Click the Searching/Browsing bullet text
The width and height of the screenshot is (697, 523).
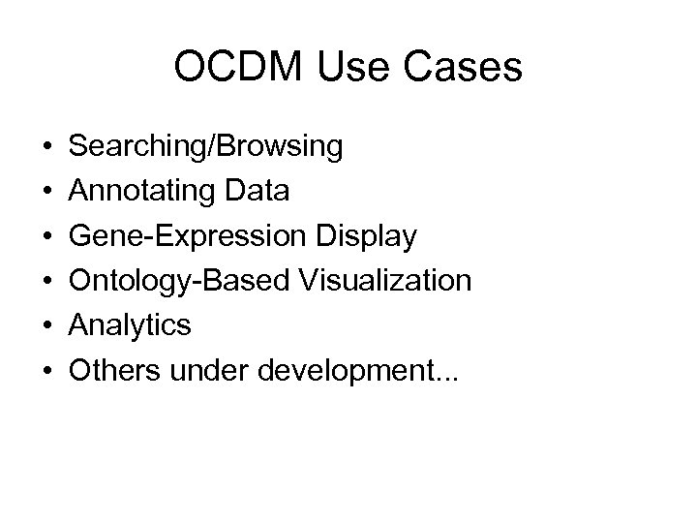[207, 147]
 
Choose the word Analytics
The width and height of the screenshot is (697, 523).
[132, 325]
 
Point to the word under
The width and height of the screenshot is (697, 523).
[199, 370]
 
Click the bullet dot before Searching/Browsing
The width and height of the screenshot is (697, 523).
[47, 148]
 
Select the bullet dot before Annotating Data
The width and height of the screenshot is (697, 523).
[47, 193]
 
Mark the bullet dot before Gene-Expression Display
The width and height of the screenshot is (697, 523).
[47, 237]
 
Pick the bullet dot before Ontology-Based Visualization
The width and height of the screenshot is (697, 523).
[47, 282]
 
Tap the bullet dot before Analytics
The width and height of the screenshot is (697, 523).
[47, 326]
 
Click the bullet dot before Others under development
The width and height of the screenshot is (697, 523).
[47, 371]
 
